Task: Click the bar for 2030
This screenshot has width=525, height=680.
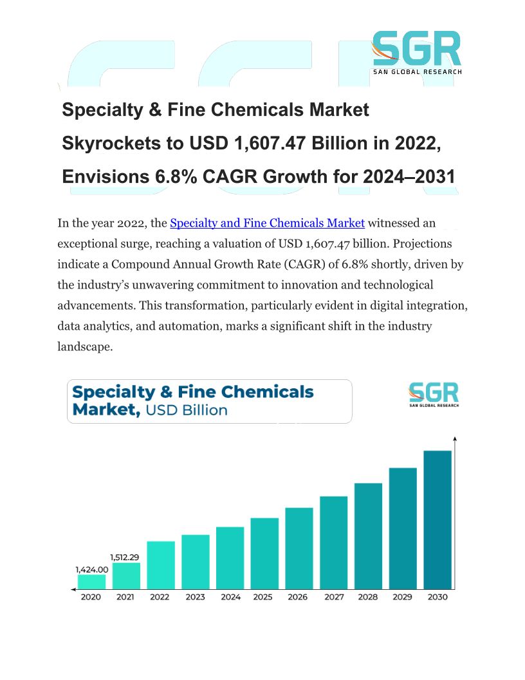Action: [438, 519]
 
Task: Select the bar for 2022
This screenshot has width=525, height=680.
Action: [161, 565]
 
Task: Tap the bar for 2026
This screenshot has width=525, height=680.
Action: [299, 548]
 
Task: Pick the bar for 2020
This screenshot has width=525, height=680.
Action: [91, 581]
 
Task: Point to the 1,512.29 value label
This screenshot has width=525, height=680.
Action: [125, 557]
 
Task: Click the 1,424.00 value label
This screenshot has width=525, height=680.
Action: [91, 569]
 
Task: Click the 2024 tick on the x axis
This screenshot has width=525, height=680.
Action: [230, 598]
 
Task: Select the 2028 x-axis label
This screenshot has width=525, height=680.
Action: [368, 598]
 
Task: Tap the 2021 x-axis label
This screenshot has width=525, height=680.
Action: [125, 598]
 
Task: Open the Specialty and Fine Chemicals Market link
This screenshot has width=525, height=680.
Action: [267, 223]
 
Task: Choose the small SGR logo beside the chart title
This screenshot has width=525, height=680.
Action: [434, 394]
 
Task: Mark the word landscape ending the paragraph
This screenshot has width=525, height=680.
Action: [85, 346]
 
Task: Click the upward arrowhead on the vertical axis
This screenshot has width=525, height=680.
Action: [456, 440]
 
